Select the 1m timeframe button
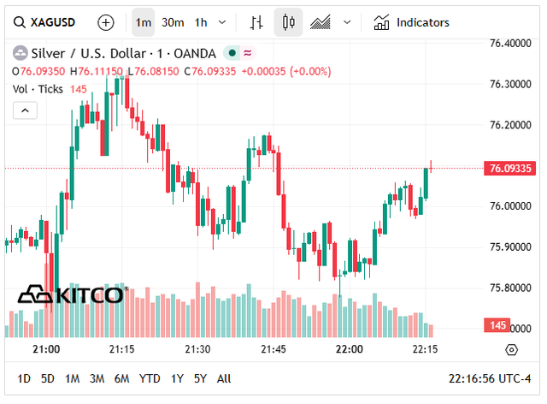[144, 22]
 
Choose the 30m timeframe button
[173, 22]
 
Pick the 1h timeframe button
[201, 22]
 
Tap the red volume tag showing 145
[497, 325]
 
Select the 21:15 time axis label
[121, 349]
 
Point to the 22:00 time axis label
[350, 349]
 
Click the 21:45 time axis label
[273, 349]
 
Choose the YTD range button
[150, 378]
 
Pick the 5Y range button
[200, 378]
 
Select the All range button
[224, 378]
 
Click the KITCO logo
[73, 295]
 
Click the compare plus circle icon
[105, 22]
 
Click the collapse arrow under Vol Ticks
[25, 110]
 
